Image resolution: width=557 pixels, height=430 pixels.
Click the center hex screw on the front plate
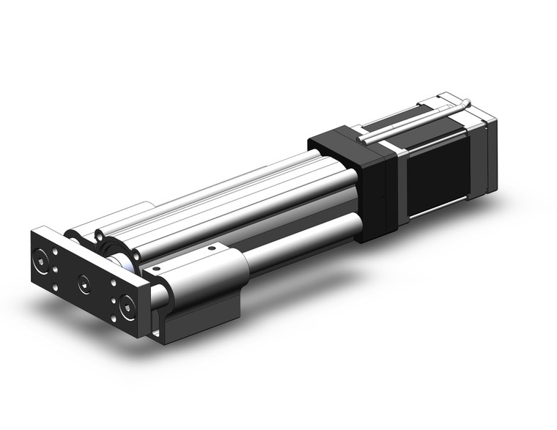[x=84, y=281]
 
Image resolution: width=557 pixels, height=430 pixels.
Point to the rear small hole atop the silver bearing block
[x=212, y=249]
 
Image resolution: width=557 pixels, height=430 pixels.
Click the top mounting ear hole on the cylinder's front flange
[x=98, y=236]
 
